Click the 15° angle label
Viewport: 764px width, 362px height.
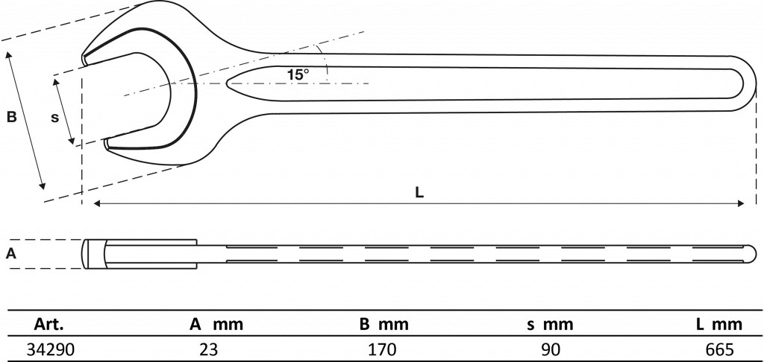coord(298,74)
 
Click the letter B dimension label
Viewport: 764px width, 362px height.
coord(11,117)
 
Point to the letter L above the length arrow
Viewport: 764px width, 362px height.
coord(419,193)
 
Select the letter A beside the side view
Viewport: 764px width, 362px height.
coord(11,253)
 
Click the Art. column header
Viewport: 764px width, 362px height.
coord(48,324)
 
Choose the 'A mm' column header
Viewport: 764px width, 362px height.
coord(216,324)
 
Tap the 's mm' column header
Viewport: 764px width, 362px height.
coord(550,324)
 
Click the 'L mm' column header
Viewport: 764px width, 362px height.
coord(719,324)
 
